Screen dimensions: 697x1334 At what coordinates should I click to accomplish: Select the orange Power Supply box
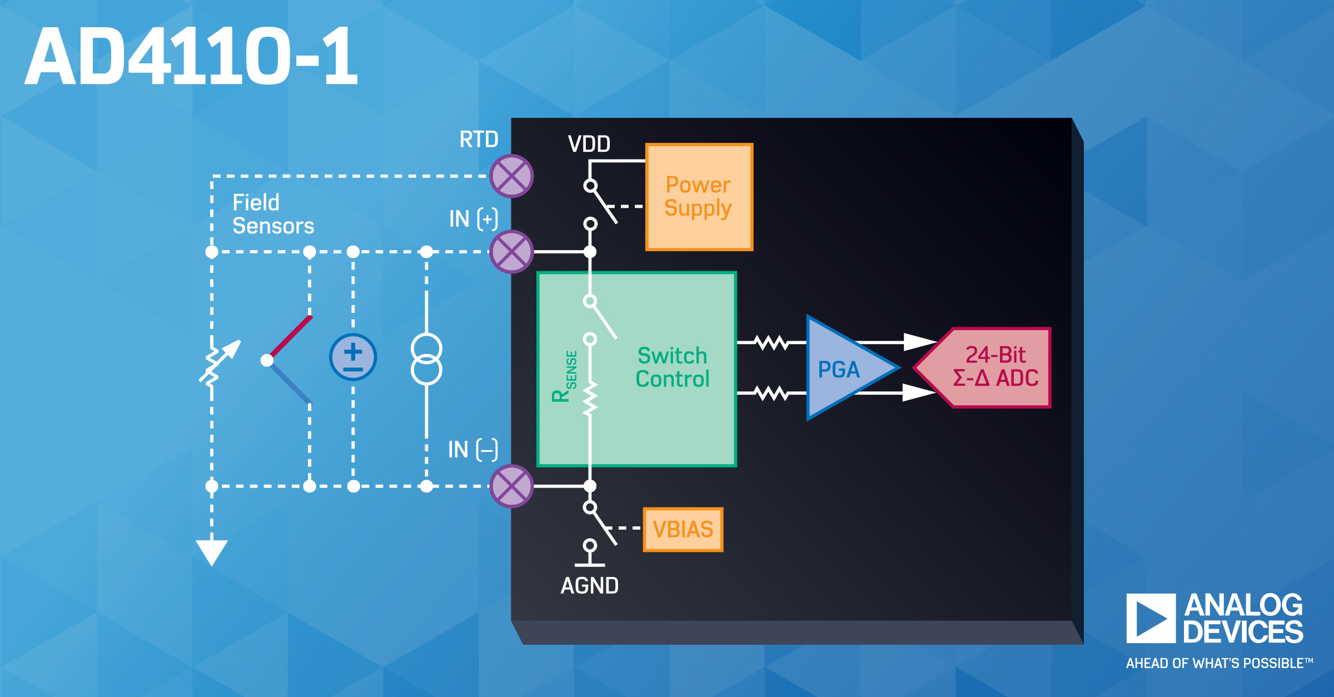[x=699, y=197]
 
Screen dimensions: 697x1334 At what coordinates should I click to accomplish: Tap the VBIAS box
[x=683, y=529]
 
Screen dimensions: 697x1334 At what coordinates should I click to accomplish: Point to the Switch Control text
[x=672, y=367]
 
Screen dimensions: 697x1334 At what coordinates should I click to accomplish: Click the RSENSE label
[x=565, y=377]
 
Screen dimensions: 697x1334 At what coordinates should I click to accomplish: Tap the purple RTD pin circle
[x=511, y=176]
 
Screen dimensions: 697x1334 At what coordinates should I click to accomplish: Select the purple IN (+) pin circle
[x=511, y=252]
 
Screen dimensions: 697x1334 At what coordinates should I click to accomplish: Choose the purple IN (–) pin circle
[x=511, y=486]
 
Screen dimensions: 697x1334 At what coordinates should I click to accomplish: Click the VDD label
[x=589, y=145]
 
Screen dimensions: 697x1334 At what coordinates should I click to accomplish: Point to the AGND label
[x=589, y=586]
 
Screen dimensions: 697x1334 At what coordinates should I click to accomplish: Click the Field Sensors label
[x=273, y=215]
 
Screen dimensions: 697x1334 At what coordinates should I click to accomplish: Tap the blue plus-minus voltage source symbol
[x=353, y=357]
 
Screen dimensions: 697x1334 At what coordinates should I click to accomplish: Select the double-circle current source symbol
[x=426, y=360]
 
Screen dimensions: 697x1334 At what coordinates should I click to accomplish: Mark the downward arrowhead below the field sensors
[x=212, y=552]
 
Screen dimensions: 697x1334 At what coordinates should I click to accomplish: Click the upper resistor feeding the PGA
[x=771, y=342]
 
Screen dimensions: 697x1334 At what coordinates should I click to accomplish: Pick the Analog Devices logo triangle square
[x=1151, y=618]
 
